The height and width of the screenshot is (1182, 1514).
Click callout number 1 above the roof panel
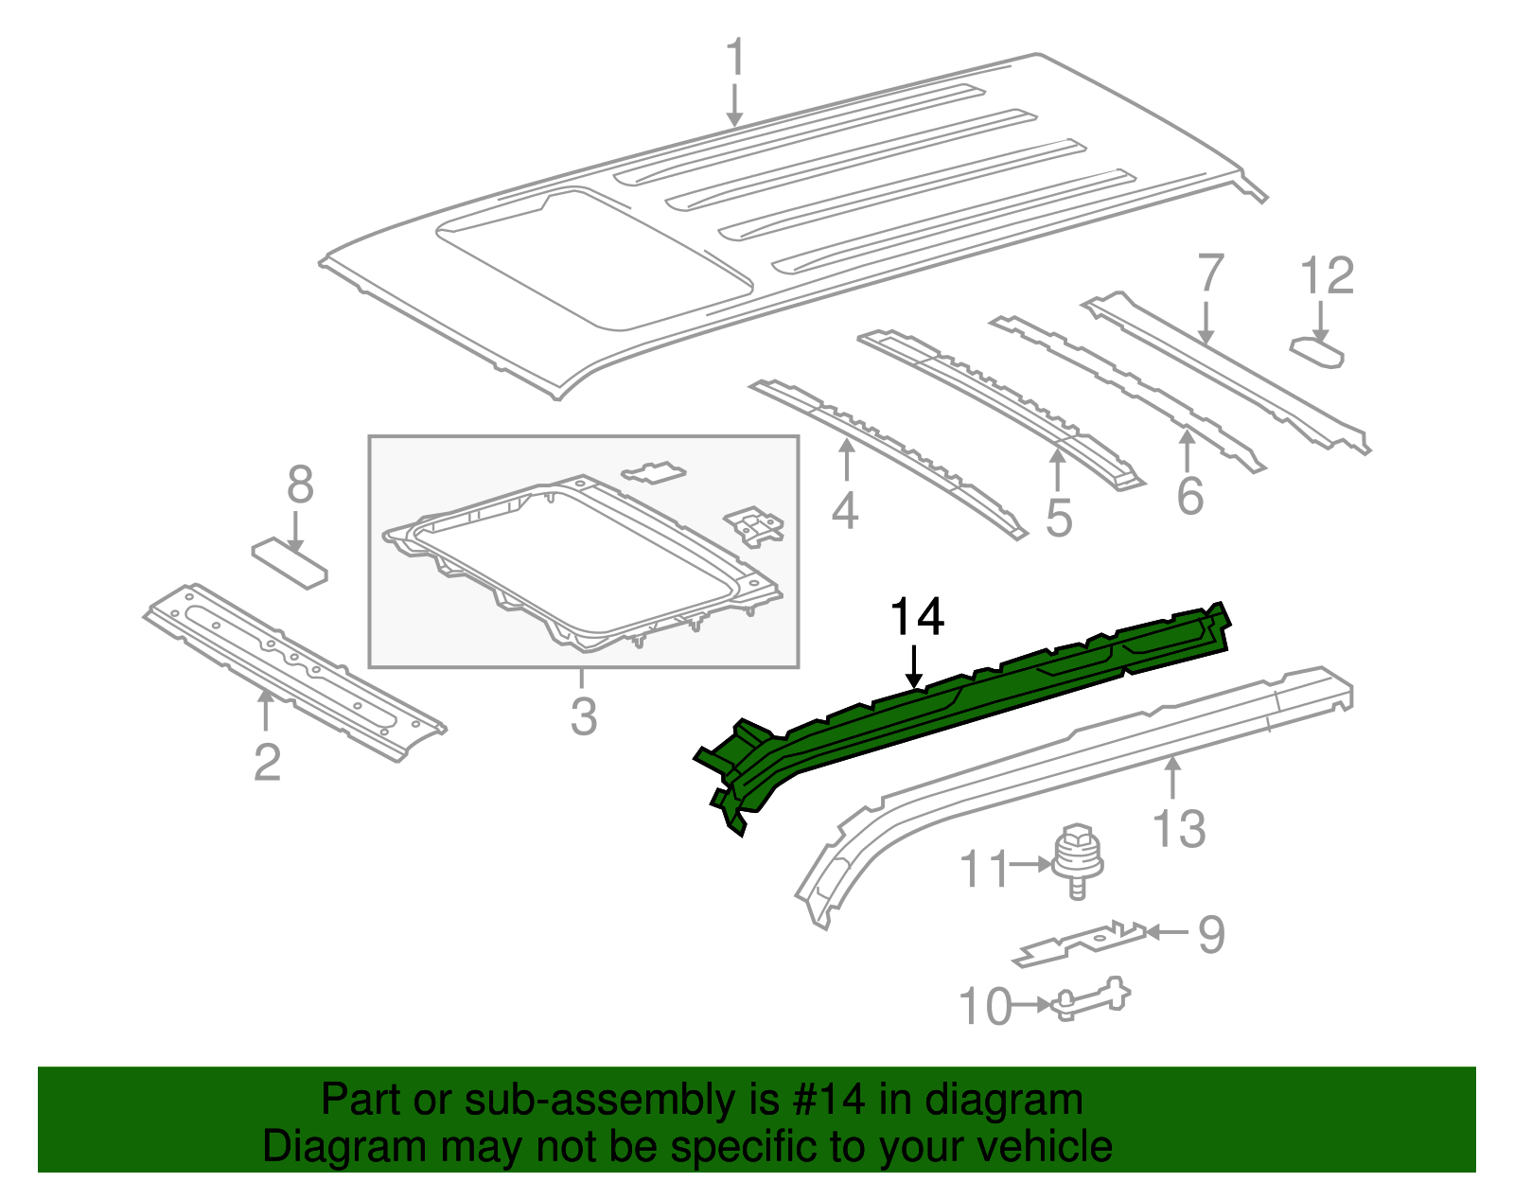(x=735, y=59)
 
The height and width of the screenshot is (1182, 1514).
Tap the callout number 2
(x=267, y=762)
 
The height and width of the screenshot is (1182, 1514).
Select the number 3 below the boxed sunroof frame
(x=584, y=716)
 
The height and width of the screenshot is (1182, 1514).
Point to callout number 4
(x=844, y=511)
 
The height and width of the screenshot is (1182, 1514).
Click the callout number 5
(x=1059, y=519)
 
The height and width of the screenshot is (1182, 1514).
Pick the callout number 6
(x=1189, y=496)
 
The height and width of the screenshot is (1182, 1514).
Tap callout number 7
(x=1210, y=275)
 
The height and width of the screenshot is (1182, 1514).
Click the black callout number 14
(x=917, y=617)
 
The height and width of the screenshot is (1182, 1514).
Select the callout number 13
(x=1179, y=829)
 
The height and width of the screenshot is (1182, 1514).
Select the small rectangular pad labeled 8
(x=289, y=563)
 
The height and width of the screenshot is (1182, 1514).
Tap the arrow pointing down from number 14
(x=914, y=667)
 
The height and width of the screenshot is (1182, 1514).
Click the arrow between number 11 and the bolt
(x=1030, y=864)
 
